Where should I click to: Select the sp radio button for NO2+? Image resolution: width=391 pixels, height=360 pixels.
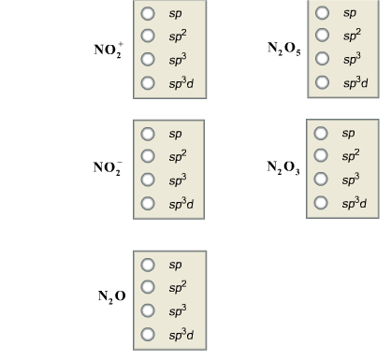148,15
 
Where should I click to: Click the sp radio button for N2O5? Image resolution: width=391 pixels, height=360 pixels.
322,13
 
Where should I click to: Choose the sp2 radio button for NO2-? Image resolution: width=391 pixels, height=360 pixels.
148,156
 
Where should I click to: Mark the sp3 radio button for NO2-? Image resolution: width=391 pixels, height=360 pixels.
148,180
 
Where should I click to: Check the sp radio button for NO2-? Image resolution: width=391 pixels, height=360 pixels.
148,134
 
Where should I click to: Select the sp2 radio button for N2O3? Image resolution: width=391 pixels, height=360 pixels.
322,155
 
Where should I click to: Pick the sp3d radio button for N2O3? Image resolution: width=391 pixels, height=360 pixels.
322,202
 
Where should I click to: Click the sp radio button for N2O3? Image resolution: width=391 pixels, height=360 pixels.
322,133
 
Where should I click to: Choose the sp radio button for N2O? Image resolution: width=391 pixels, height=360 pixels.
148,264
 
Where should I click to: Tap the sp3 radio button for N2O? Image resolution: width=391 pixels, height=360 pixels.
148,310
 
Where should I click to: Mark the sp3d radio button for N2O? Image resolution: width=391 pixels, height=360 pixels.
148,333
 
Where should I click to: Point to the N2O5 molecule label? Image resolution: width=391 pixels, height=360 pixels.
283,50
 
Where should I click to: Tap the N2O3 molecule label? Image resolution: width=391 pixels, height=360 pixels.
283,168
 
